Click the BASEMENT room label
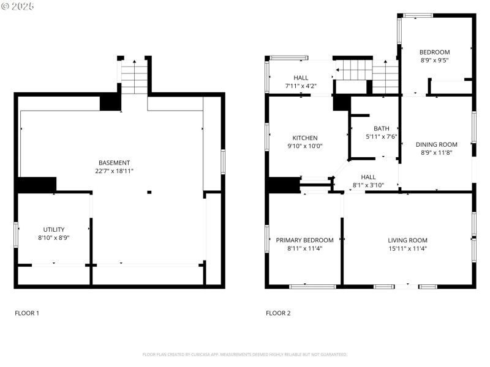(x=115, y=163)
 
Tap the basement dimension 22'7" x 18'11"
(x=115, y=171)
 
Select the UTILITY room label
(x=54, y=229)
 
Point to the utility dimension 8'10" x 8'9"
(x=54, y=238)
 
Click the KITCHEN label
(x=304, y=138)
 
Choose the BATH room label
(x=382, y=128)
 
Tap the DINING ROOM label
(x=436, y=144)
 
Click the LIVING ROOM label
(x=407, y=240)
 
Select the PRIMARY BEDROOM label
(x=304, y=240)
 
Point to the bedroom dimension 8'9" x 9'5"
(x=434, y=61)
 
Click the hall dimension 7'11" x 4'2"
(x=301, y=86)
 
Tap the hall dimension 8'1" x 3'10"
(x=368, y=185)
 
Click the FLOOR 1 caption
(x=27, y=313)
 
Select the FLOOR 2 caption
(x=278, y=313)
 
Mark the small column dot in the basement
(x=149, y=193)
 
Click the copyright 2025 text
(x=18, y=6)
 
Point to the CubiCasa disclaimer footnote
(x=245, y=354)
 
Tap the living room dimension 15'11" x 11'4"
(x=407, y=249)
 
